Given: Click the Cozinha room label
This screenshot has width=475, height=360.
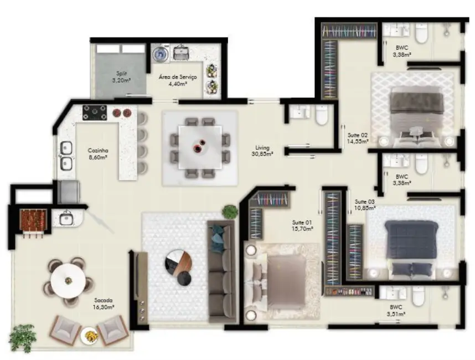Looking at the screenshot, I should tap(97, 153).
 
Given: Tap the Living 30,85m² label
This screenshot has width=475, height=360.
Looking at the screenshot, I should tap(262, 151).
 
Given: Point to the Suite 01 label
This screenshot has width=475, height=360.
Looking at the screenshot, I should tap(303, 225).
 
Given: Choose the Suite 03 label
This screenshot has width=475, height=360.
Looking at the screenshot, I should tap(365, 204).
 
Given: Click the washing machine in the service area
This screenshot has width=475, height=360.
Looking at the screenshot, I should tap(161, 54).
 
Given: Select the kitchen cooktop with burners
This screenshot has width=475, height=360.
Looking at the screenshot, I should tap(95, 113).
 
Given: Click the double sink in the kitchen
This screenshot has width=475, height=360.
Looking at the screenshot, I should tap(66, 156).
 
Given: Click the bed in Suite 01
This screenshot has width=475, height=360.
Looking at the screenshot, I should tap(281, 280).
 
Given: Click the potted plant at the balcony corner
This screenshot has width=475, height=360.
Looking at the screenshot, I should tap(23, 337).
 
